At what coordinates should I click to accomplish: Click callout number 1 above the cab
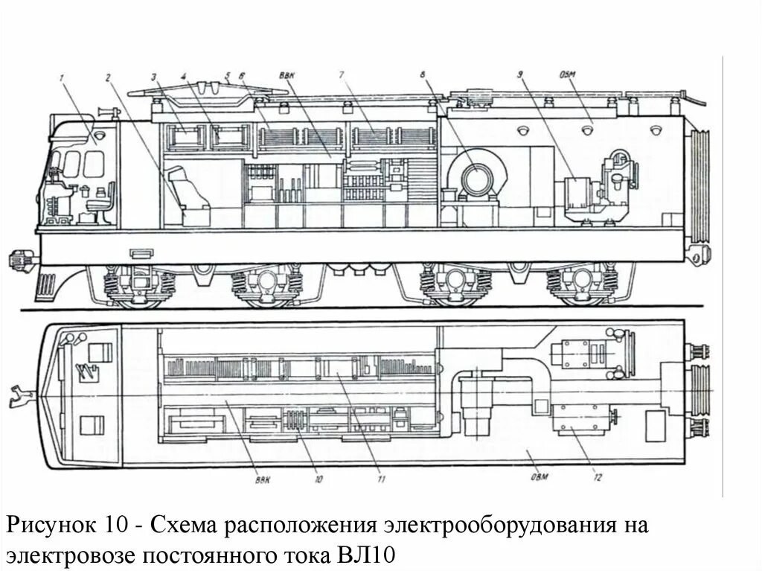(x=64, y=75)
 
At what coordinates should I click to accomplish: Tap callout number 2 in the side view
(x=108, y=75)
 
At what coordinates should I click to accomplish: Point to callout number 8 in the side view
(x=422, y=75)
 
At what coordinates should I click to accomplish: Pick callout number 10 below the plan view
(x=318, y=481)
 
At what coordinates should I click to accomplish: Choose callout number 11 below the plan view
(x=381, y=481)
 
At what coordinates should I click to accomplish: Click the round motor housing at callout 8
(x=474, y=177)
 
